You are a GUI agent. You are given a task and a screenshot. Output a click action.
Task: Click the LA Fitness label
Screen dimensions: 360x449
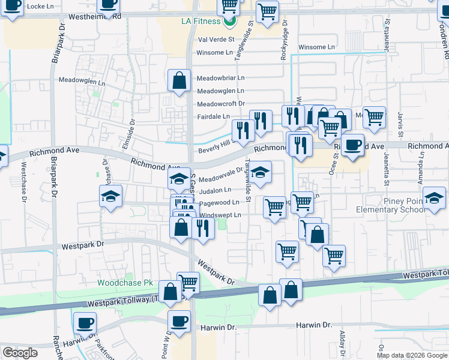tap(201, 21)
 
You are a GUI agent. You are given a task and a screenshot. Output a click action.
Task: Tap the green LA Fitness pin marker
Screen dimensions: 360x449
tap(229, 22)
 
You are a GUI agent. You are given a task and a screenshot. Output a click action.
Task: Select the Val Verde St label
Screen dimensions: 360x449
tap(215, 39)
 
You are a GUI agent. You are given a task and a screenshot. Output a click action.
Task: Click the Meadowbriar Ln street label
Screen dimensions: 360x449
tap(221, 78)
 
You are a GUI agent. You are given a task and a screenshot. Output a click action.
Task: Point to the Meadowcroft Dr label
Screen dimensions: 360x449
tap(221, 104)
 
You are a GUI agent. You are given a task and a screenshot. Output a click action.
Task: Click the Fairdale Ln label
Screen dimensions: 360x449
tap(214, 116)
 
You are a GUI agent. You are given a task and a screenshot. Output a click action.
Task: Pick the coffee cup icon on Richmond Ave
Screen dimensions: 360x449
tap(353, 144)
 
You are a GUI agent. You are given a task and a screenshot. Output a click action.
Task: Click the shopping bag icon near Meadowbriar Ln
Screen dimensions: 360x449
tap(179, 80)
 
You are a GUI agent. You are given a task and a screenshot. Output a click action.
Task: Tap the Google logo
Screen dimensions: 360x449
tap(20, 353)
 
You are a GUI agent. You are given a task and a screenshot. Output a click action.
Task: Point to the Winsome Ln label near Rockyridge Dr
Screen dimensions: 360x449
tap(316, 47)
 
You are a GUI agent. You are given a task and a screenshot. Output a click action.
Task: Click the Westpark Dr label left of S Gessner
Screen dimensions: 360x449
tap(83, 245)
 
